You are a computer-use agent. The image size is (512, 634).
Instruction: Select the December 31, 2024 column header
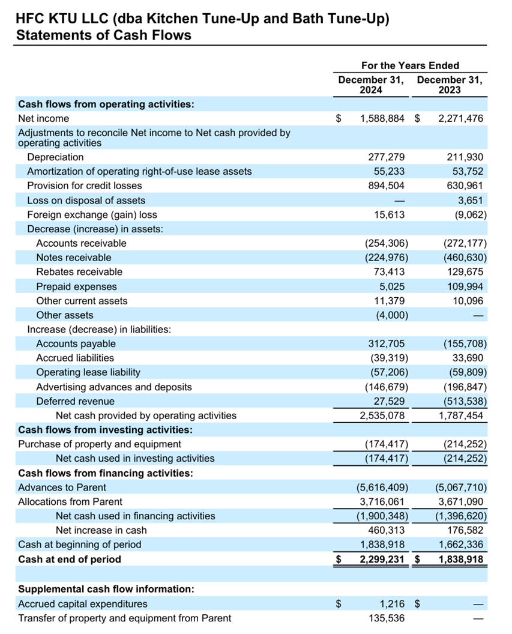371,85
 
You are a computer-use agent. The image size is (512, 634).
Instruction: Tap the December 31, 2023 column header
450,85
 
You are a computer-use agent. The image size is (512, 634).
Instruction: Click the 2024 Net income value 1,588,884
382,119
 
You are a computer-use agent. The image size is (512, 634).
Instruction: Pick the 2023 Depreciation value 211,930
465,157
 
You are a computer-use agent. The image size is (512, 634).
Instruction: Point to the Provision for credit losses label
85,186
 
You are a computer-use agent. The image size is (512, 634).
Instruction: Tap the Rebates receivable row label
79,272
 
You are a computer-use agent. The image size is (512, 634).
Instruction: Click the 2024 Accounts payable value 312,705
386,344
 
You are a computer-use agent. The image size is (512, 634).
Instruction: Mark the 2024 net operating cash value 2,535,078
382,415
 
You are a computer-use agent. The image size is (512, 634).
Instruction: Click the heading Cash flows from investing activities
106,430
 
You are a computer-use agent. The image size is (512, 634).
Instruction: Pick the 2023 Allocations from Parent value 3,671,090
461,502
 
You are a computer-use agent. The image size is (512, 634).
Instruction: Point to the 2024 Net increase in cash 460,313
386,531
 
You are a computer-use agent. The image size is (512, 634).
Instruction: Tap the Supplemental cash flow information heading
106,590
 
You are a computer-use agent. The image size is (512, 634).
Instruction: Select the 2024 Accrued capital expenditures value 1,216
393,604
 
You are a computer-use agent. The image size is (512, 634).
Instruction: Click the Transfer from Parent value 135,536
387,618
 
